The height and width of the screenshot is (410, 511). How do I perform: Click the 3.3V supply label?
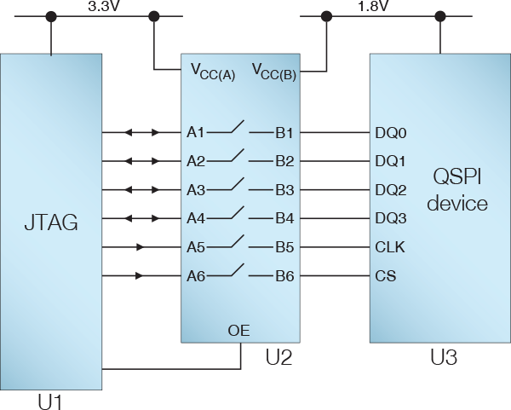105,6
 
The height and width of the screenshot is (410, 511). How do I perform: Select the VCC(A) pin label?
213,72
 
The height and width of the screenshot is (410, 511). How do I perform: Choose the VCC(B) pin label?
274,72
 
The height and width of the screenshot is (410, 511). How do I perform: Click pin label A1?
196,133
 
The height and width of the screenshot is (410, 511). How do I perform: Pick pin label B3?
284,189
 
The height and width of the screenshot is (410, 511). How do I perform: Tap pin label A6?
196,276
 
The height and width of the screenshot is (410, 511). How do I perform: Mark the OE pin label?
239,330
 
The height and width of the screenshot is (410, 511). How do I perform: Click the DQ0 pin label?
391,133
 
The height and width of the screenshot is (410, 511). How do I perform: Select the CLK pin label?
390,247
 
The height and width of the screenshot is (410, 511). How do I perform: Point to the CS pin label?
385,276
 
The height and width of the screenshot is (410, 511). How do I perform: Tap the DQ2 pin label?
391,189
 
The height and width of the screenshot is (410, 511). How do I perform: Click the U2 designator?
278,357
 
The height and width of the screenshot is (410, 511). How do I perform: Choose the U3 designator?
443,357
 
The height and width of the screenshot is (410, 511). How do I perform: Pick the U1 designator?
52,399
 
